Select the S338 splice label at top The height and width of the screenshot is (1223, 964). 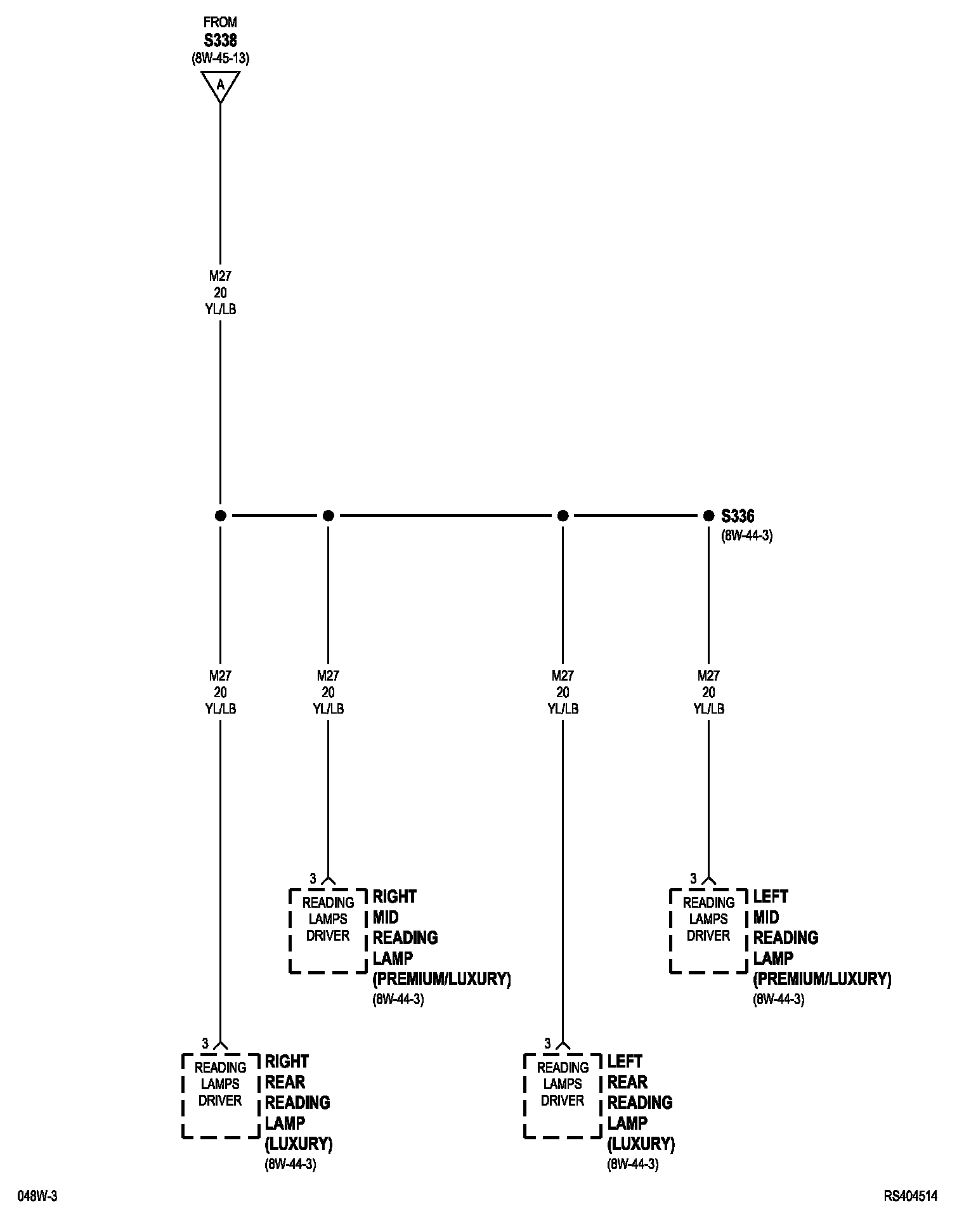[x=220, y=40]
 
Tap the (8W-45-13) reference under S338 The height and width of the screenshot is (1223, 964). [x=220, y=58]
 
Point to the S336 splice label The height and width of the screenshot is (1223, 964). [x=738, y=516]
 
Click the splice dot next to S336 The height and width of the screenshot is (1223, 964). [x=708, y=516]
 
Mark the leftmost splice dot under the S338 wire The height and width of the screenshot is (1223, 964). [x=220, y=516]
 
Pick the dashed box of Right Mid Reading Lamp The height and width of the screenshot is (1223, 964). [x=328, y=931]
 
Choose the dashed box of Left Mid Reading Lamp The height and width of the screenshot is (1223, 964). [x=708, y=931]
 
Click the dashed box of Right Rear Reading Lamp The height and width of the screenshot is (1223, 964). [x=220, y=1095]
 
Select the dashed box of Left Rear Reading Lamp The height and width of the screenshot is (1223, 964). [x=563, y=1095]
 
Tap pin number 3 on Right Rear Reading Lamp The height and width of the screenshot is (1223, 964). [x=205, y=1043]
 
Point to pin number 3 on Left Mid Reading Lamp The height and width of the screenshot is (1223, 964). [x=693, y=879]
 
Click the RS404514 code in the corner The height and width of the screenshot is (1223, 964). [x=911, y=1196]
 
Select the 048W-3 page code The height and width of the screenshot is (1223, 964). [x=37, y=1196]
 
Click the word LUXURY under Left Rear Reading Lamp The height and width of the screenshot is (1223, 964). [x=641, y=1144]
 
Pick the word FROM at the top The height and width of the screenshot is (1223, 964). [x=220, y=23]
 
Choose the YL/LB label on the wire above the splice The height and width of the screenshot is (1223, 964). [x=220, y=309]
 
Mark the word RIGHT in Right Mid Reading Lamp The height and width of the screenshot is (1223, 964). [x=394, y=897]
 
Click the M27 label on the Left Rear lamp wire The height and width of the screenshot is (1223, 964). [x=563, y=676]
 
